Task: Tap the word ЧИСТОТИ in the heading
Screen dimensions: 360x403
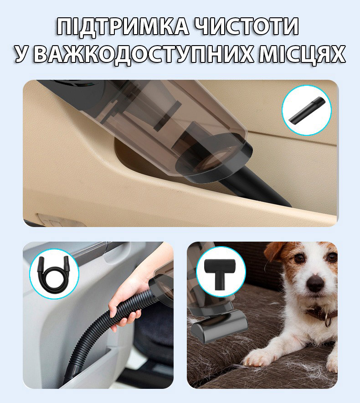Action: tap(247, 26)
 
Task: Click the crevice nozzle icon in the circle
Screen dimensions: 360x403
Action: tap(307, 110)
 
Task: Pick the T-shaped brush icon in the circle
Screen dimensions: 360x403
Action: tap(221, 273)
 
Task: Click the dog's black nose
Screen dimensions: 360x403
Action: tap(315, 283)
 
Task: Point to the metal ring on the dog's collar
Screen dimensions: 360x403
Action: tap(329, 322)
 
